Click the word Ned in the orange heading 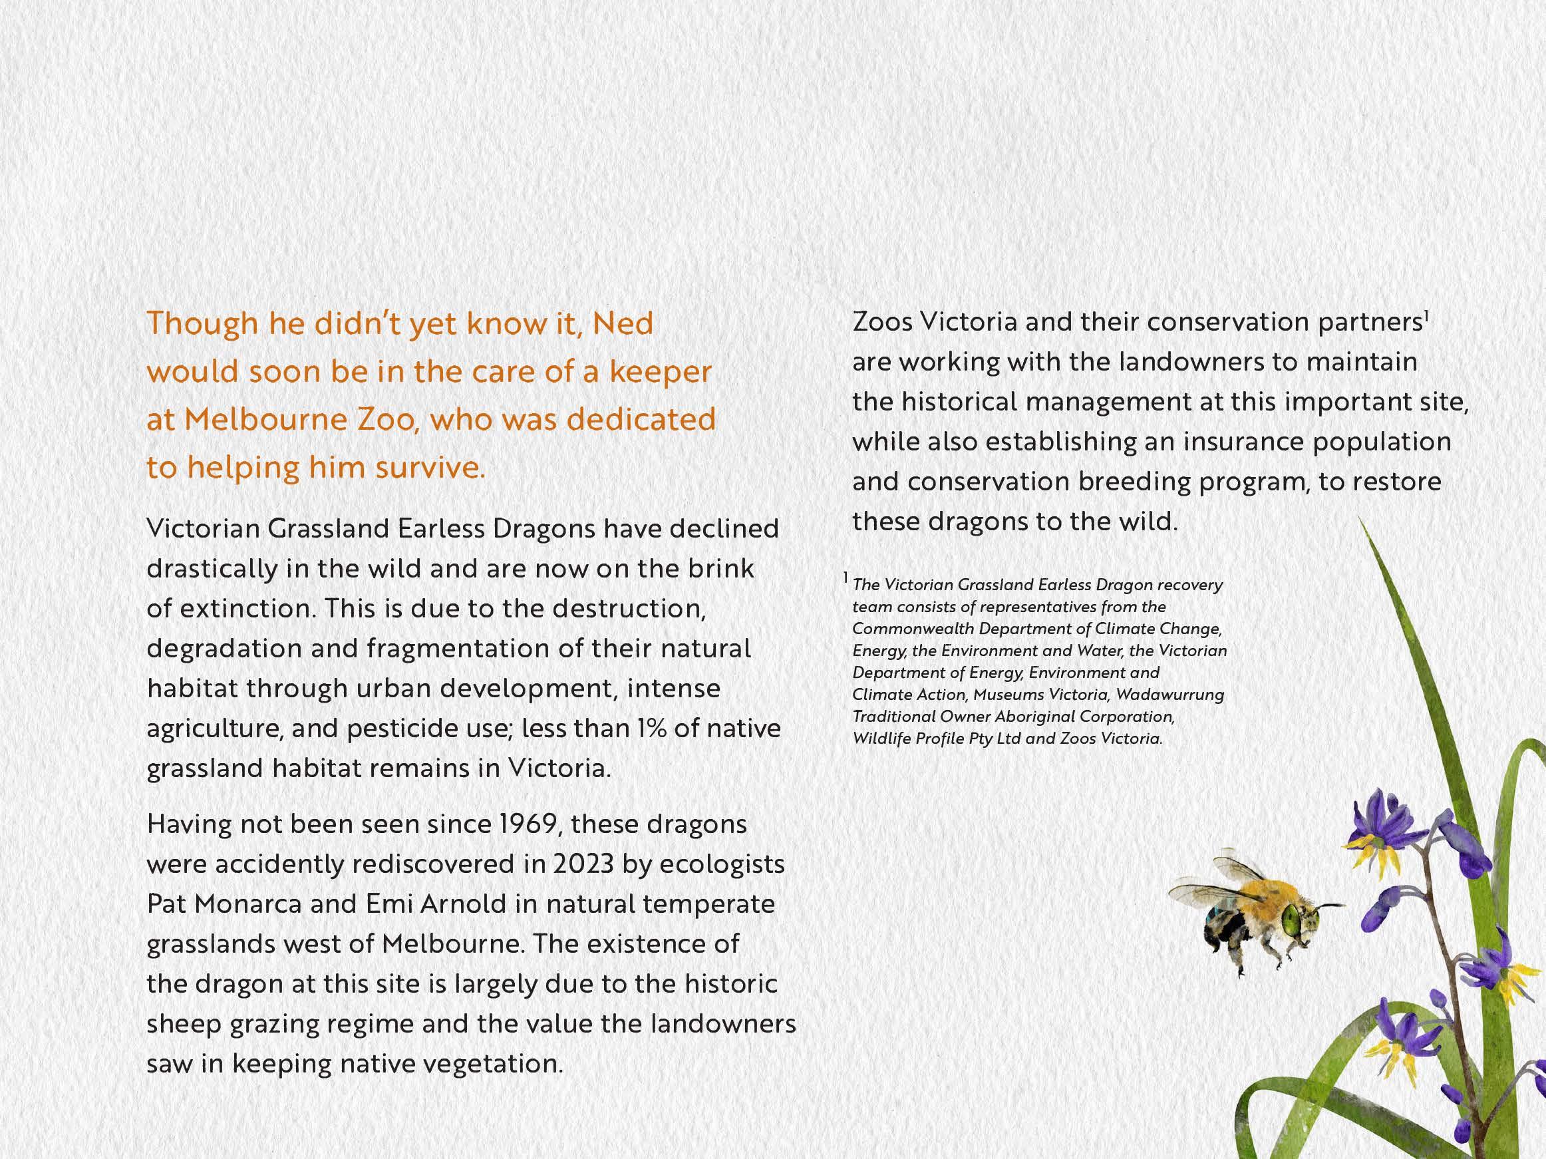pyautogui.click(x=623, y=323)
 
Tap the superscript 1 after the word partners pyautogui.click(x=1425, y=316)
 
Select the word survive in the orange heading pyautogui.click(x=429, y=468)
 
